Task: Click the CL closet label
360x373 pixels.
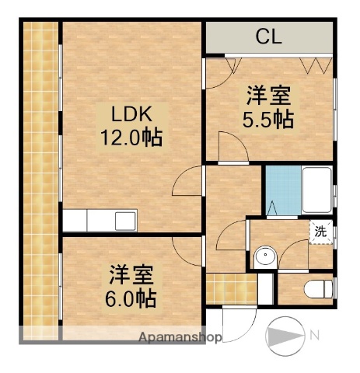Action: (268, 36)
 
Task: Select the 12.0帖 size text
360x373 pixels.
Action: (129, 140)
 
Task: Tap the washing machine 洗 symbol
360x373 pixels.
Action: (320, 231)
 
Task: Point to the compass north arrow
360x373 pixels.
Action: (285, 336)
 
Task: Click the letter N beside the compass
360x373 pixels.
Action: (314, 336)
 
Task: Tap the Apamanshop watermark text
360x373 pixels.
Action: (180, 338)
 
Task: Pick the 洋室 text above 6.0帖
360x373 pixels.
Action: (130, 274)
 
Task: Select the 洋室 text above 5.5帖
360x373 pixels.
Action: (268, 97)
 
